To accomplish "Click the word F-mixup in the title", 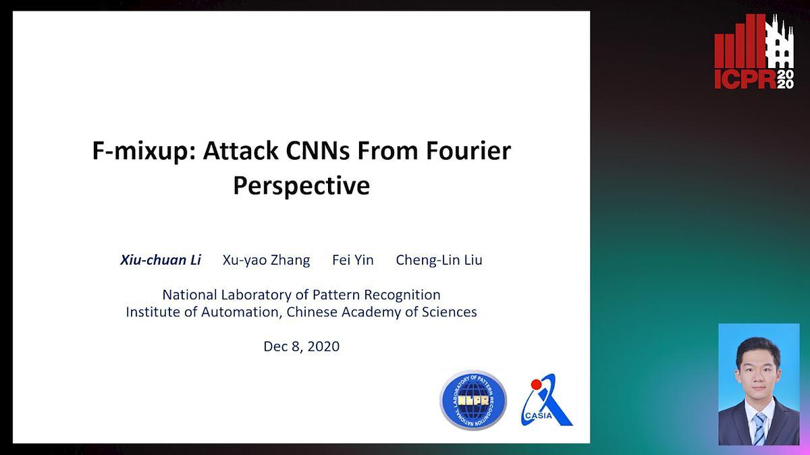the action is coord(144,151).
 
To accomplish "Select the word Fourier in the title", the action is coord(468,150).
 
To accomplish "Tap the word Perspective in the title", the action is coord(302,186).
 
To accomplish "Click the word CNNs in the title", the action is coord(318,150).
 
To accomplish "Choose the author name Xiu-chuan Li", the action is coord(161,260).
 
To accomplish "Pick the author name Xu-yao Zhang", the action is coord(266,260).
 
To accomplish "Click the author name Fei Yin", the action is coord(352,260).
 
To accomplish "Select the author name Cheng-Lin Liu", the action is coord(439,260).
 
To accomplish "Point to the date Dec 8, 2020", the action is coord(302,346).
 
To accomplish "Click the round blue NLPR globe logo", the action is coord(473,400).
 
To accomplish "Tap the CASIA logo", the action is coord(547,400).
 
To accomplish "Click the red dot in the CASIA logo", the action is coord(536,384).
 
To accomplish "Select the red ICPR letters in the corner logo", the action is coord(745,80).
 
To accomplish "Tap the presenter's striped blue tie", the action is coord(759,429).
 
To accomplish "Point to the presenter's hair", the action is coord(758,348).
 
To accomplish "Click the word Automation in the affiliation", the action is coord(242,312).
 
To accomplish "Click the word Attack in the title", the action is coord(240,150).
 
